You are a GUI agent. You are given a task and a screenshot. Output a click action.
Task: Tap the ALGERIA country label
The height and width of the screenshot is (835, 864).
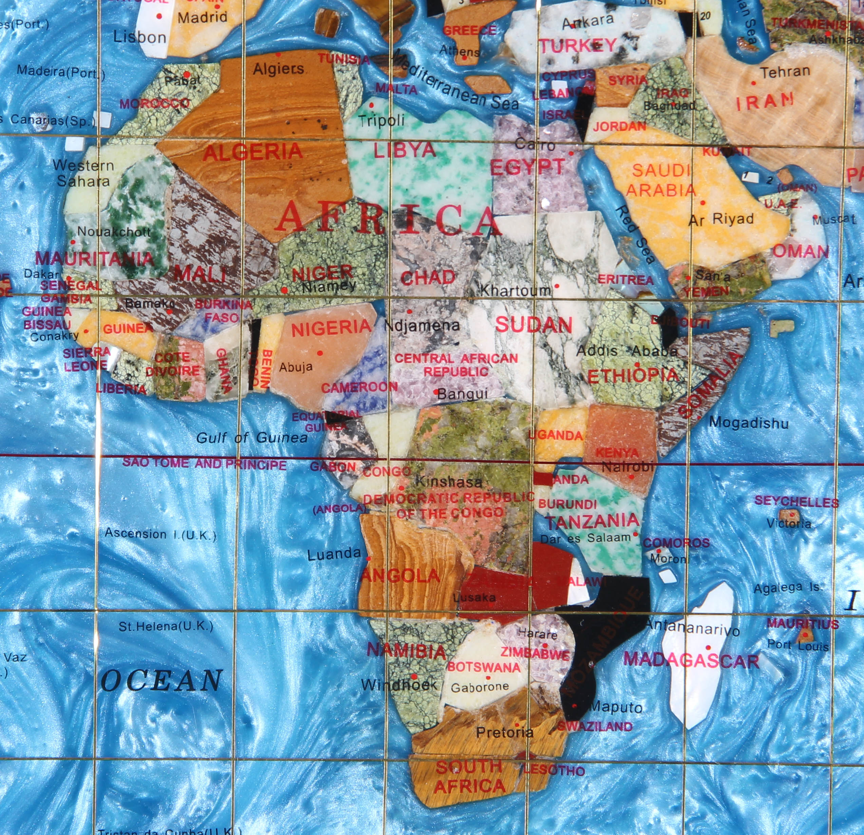[x=252, y=152]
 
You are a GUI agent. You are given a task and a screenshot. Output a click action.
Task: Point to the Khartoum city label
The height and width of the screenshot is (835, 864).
[x=515, y=291]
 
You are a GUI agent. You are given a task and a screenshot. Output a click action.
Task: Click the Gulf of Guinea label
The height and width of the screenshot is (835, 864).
[x=252, y=438]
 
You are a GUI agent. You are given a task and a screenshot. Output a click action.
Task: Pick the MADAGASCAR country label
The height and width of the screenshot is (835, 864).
[x=691, y=661]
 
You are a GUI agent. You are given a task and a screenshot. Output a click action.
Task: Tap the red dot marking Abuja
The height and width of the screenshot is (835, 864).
[x=320, y=353]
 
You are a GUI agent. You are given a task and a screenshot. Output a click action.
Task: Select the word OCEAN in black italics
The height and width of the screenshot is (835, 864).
[x=161, y=680]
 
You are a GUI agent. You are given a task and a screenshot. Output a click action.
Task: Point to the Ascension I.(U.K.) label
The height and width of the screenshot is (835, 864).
[x=161, y=534]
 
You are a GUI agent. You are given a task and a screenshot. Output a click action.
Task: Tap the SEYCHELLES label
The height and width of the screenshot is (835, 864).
[x=796, y=502]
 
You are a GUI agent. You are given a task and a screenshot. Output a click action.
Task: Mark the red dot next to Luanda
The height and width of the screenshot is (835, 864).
[x=369, y=558]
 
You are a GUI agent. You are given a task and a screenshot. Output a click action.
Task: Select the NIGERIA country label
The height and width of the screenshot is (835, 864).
[x=331, y=327]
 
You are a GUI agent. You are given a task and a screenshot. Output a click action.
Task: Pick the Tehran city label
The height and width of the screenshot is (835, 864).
[x=785, y=71]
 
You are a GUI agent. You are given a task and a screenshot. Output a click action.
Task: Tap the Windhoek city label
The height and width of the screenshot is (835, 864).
[x=398, y=685]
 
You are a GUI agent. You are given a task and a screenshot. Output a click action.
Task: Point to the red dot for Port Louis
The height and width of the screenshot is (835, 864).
[x=805, y=635]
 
